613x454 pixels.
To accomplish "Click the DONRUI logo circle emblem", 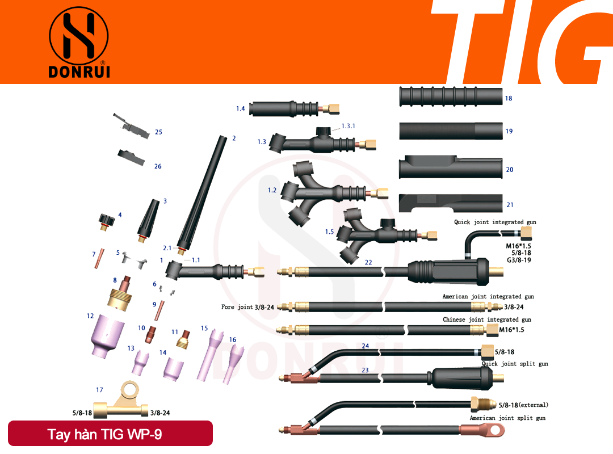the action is (x=78, y=36).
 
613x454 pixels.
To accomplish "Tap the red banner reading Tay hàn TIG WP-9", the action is (x=110, y=433).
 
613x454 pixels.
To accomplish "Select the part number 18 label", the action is (x=508, y=98).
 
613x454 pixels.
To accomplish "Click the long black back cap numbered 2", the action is (x=202, y=194).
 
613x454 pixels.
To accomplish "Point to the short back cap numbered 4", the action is (x=106, y=222).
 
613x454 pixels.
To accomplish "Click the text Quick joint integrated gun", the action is (x=495, y=222).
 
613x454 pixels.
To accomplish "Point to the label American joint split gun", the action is (x=507, y=418).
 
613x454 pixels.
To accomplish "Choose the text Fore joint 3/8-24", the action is (x=247, y=307).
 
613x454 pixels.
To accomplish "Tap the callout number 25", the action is (x=158, y=132).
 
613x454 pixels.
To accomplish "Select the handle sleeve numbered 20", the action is (x=450, y=167).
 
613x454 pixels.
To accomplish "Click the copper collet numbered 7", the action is (x=99, y=258).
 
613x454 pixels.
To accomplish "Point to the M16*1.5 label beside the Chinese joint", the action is (x=511, y=330).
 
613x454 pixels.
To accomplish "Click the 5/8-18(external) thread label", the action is (x=523, y=405).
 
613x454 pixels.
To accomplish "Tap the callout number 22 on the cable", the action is (x=368, y=262).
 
